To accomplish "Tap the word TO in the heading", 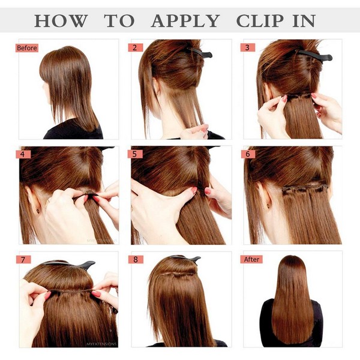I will point(119,21).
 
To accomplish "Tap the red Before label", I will point(26,47).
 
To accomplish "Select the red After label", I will point(251,259).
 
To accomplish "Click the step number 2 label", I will point(135,47).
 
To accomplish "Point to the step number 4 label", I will point(23,154).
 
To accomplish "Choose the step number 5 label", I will point(135,154).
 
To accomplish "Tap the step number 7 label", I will point(23,259).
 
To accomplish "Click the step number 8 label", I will point(135,259).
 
